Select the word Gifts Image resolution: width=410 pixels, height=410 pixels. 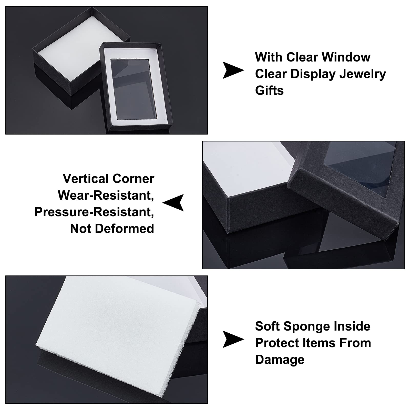coord(269,90)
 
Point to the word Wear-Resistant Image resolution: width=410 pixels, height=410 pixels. coord(106,196)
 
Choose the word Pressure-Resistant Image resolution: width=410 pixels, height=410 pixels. coord(94,212)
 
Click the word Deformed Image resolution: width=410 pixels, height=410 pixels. coord(125,229)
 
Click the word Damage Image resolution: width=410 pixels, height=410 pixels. coord(280,360)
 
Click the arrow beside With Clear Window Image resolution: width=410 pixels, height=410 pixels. coord(233,70)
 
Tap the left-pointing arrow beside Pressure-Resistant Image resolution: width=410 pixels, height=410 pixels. coord(173,203)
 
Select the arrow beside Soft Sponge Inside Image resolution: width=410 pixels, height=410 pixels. coord(233,339)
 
